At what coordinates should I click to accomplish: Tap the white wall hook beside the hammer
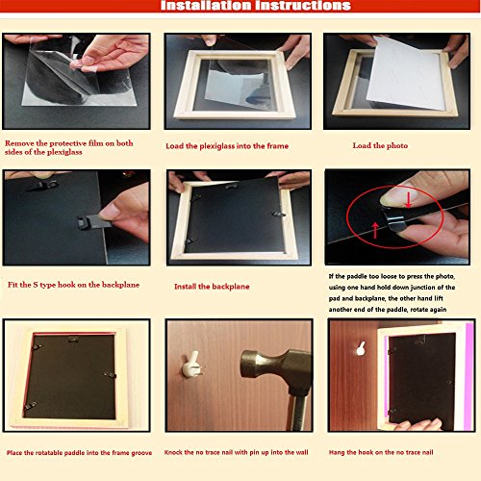click(x=191, y=365)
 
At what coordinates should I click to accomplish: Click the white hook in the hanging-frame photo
click(x=361, y=348)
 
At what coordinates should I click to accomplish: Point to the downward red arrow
click(x=408, y=200)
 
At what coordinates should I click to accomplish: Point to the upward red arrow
click(x=375, y=231)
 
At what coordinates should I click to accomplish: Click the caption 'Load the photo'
click(x=380, y=145)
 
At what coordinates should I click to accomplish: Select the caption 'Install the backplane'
click(x=212, y=287)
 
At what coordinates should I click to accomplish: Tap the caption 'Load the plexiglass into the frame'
click(x=227, y=146)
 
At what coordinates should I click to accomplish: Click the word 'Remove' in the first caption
click(x=19, y=143)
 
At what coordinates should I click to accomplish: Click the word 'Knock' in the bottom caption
click(x=173, y=452)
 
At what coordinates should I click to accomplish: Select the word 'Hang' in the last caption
click(x=337, y=452)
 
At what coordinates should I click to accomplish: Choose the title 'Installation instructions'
click(x=256, y=6)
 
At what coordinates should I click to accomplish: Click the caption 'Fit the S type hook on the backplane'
click(x=73, y=285)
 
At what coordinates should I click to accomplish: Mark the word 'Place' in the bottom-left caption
click(x=14, y=452)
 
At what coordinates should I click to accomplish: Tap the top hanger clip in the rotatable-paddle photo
click(x=73, y=340)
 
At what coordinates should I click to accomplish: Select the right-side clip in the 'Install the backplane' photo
click(x=277, y=214)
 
